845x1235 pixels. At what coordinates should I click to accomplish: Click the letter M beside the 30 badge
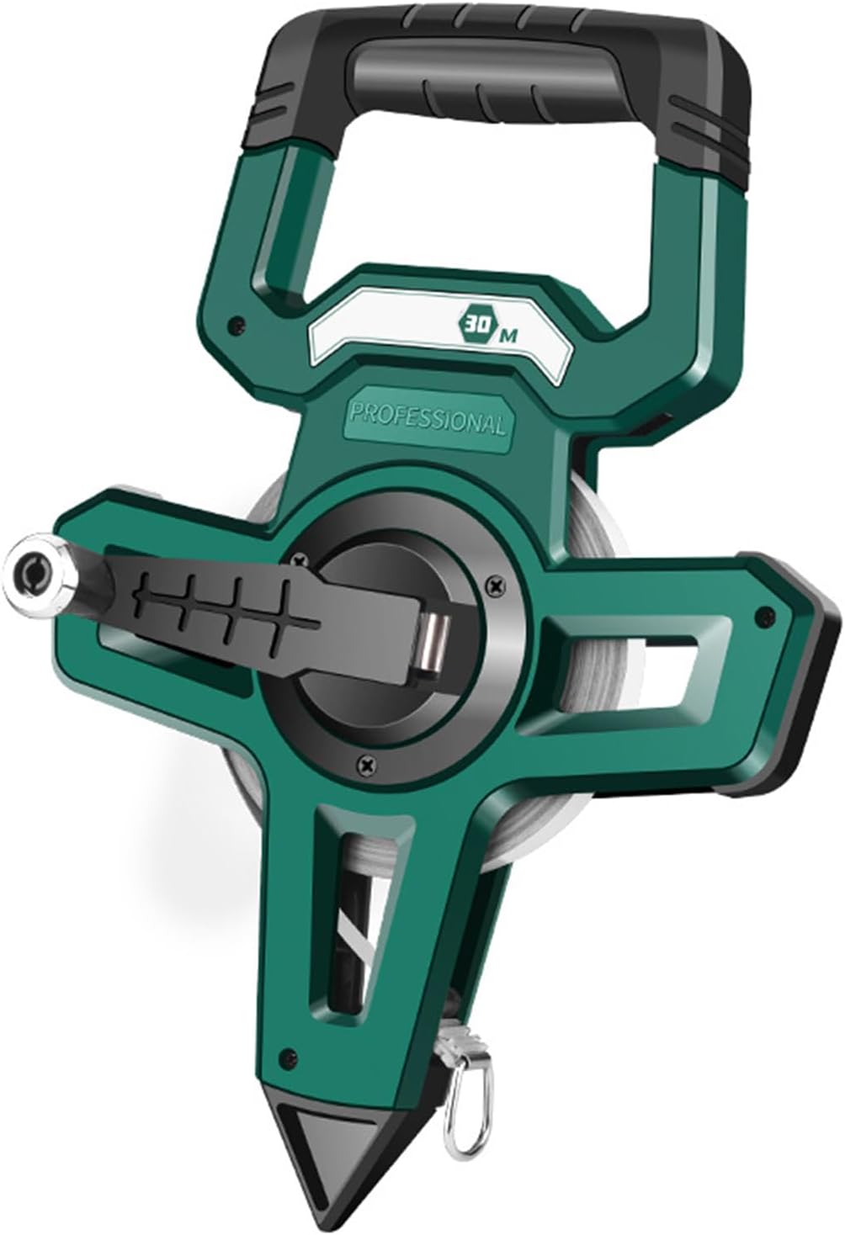[508, 336]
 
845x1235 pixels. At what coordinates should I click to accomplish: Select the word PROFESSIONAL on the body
[428, 416]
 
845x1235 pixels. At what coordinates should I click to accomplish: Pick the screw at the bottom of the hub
[365, 764]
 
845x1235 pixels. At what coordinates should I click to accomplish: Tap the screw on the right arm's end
[763, 614]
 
